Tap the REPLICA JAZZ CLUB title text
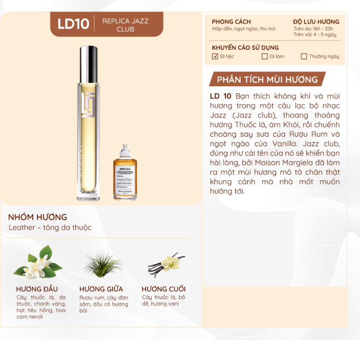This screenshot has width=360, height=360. [x=125, y=25]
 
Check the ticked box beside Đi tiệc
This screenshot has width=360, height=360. [x=215, y=56]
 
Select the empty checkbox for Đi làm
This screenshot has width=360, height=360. [x=265, y=56]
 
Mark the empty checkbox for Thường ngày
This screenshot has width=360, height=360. [x=304, y=56]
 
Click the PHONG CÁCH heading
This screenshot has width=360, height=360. [x=231, y=22]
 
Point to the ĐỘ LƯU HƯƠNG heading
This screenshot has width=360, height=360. [x=316, y=22]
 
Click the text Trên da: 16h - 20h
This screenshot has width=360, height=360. [x=313, y=28]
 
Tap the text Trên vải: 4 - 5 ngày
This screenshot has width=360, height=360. [x=315, y=34]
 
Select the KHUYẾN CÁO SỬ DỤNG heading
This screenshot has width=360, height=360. [x=245, y=47]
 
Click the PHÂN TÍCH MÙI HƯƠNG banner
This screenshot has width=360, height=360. [x=267, y=79]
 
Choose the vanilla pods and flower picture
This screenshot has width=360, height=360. [x=167, y=264]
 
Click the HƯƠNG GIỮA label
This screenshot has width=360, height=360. [x=101, y=289]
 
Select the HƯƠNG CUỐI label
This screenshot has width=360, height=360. [x=163, y=289]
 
